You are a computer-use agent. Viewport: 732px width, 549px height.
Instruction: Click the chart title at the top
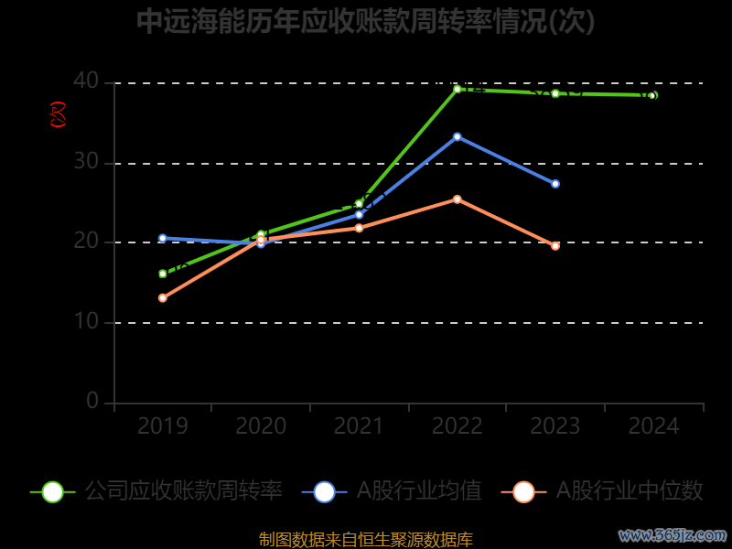pos(366,22)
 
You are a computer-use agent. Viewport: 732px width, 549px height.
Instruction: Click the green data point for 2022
pos(457,89)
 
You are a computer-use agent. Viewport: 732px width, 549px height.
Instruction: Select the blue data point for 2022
pos(457,136)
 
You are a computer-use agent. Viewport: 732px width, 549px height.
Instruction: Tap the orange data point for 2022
pos(457,199)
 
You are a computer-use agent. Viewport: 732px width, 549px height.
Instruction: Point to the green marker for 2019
pos(163,274)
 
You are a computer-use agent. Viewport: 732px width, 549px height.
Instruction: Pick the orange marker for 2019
pos(163,297)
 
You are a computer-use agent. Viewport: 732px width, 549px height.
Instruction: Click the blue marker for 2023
pos(555,184)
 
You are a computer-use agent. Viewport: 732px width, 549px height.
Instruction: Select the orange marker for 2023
pos(555,245)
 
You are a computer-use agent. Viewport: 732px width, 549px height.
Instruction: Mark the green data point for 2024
pos(652,95)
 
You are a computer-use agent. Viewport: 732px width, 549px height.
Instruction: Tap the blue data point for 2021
pos(359,214)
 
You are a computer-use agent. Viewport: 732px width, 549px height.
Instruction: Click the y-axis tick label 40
pos(86,81)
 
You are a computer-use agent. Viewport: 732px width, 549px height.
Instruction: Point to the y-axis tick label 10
pos(86,322)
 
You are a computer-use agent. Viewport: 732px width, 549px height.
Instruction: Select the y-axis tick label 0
pos(92,402)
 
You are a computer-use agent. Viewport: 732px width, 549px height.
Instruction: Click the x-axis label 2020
pos(261,426)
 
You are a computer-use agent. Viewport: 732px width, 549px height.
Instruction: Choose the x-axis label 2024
pos(654,426)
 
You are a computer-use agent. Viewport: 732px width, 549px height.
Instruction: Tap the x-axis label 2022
pos(457,426)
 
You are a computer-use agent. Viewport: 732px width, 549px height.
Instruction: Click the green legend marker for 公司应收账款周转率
pos(53,491)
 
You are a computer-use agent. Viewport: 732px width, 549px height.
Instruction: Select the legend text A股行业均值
pos(419,491)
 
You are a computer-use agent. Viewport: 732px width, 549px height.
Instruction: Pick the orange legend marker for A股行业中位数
pos(523,491)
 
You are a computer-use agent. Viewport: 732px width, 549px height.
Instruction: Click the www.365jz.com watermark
pos(673,534)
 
